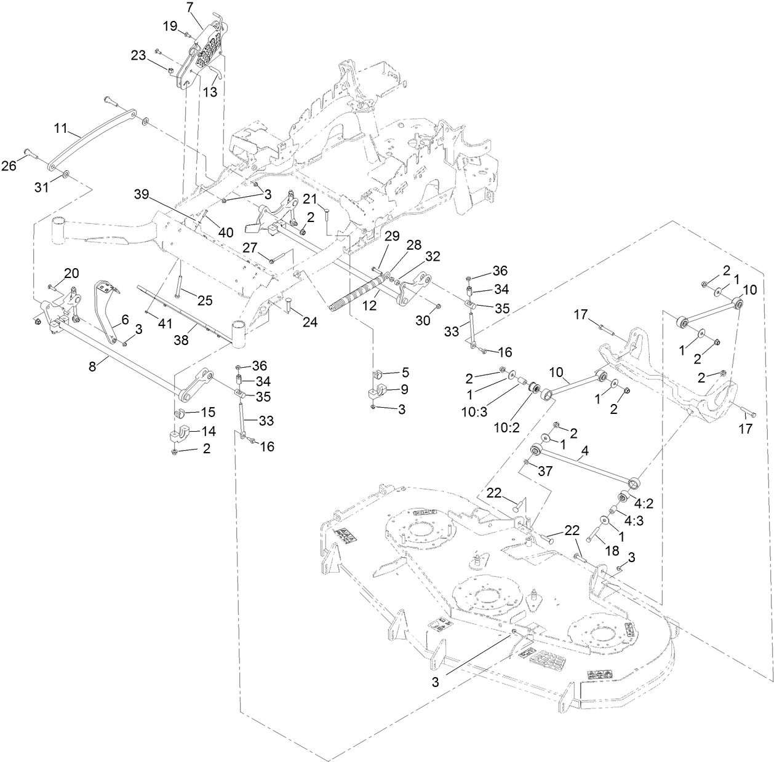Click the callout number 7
[x=190, y=7]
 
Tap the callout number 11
[x=61, y=129]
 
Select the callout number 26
[x=9, y=165]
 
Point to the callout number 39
[x=142, y=194]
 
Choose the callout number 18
[x=612, y=550]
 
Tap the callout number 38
[x=181, y=340]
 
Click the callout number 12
[x=370, y=305]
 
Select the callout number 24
[x=309, y=322]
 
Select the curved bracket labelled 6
[x=106, y=309]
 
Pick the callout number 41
[x=165, y=323]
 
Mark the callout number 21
[x=309, y=199]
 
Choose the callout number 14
[x=209, y=431]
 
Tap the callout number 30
[x=423, y=320]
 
